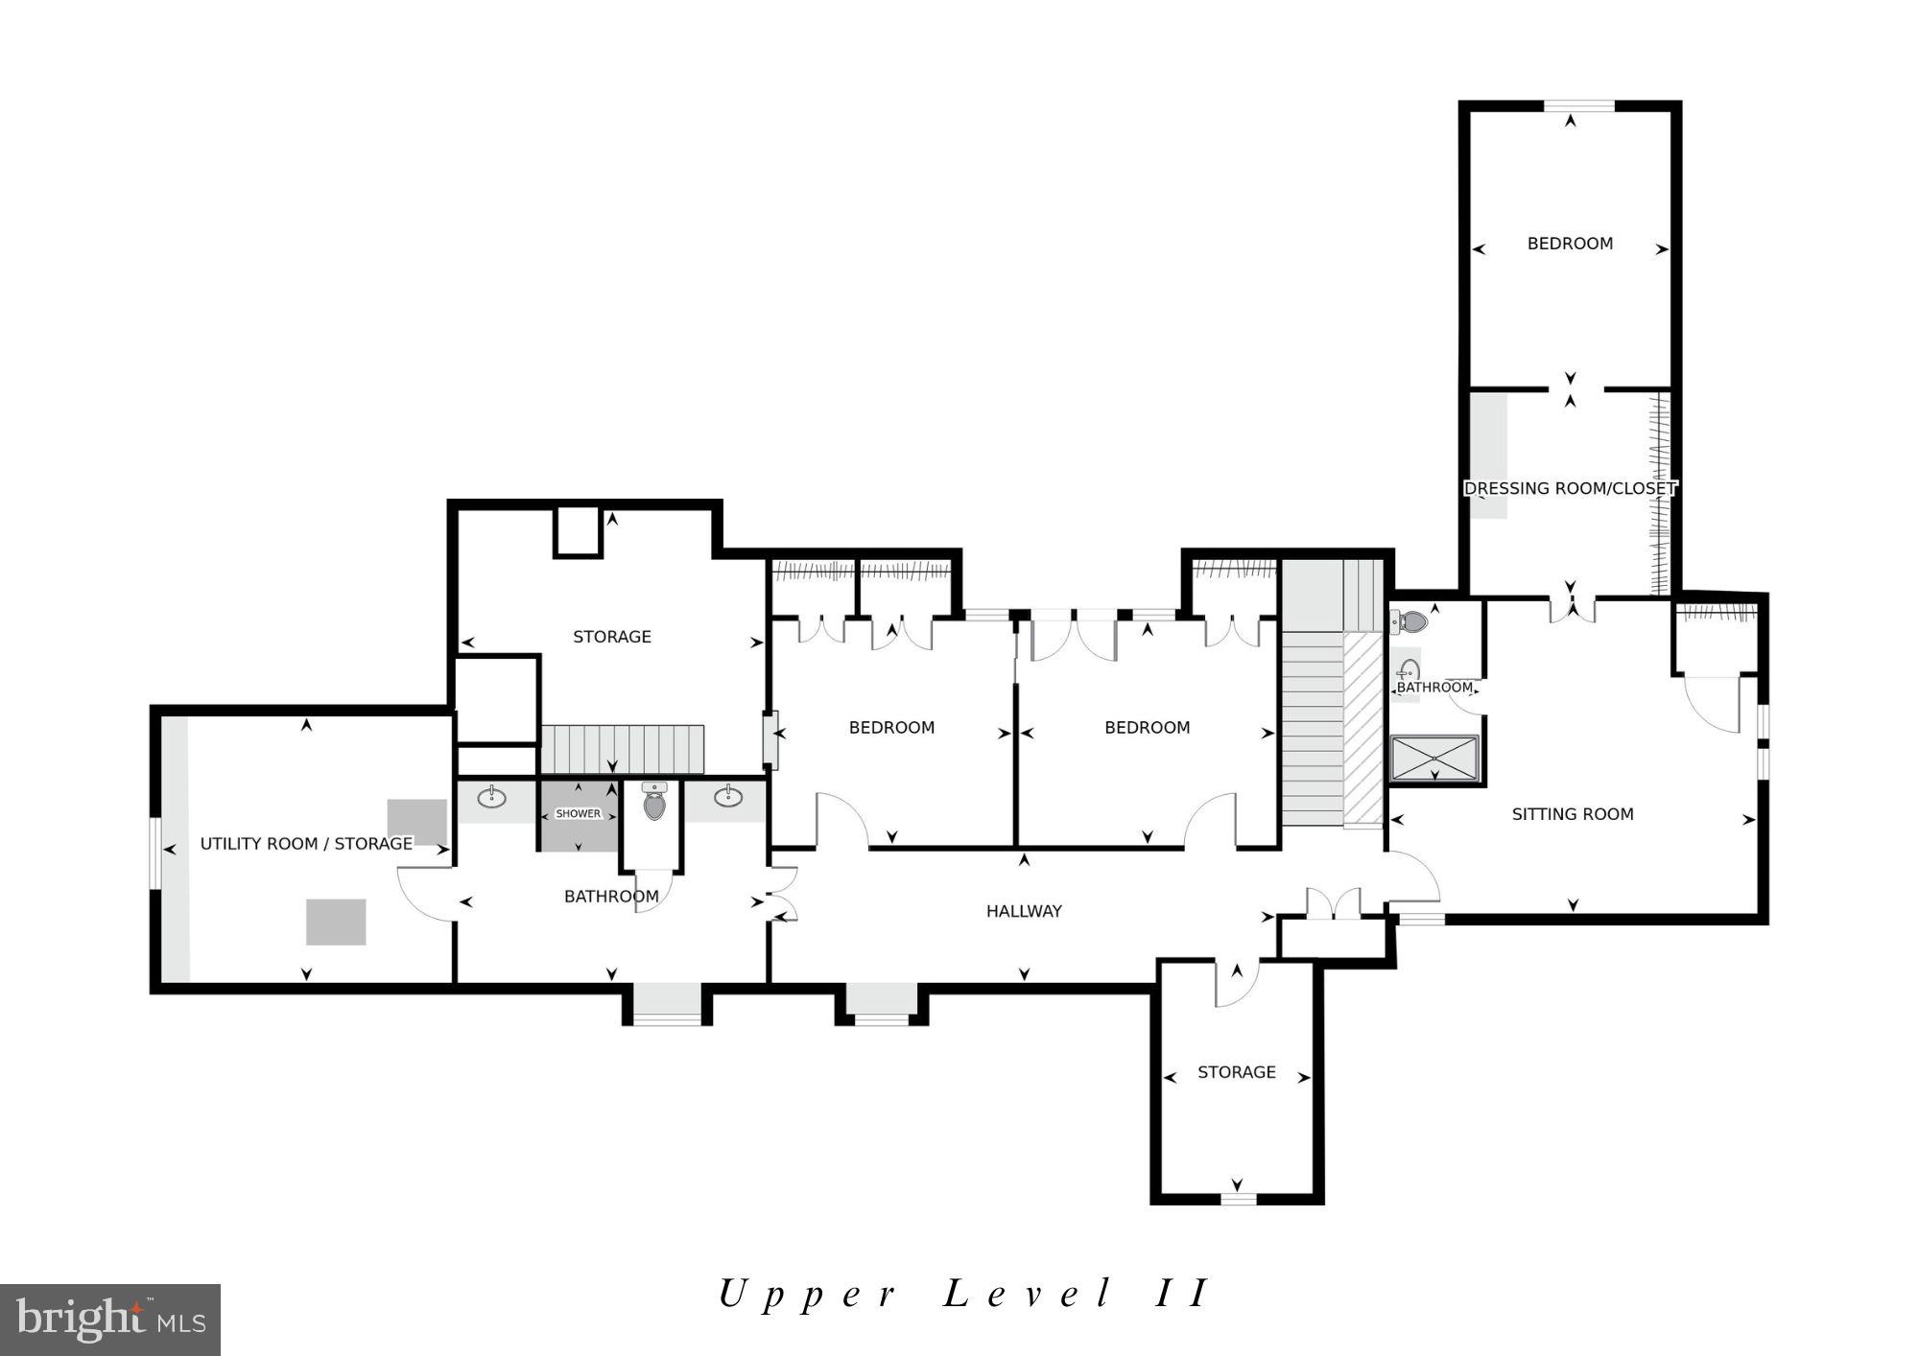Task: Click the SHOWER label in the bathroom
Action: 579,813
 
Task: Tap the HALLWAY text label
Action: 1024,911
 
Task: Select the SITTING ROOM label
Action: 1572,814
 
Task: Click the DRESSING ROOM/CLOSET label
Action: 1570,488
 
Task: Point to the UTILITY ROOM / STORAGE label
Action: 306,844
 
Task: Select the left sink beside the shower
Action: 492,797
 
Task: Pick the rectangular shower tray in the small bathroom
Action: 1434,759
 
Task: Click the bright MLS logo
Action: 109,1320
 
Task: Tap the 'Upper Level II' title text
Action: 963,1294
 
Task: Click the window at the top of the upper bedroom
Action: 1578,106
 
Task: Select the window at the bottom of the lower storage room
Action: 1238,1198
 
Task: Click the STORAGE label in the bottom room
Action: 1236,1072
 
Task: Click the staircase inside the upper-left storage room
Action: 623,749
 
